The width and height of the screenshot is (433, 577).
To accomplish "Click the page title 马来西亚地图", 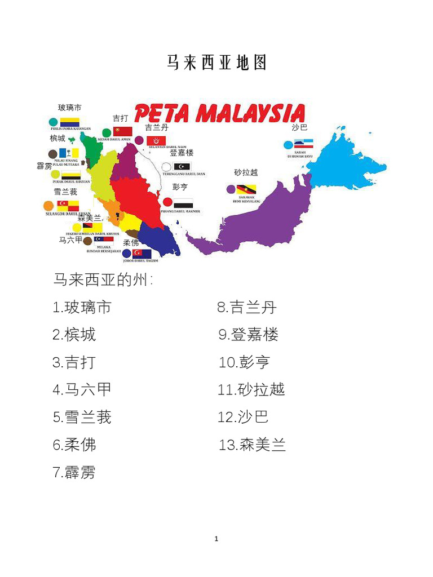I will tap(216, 63).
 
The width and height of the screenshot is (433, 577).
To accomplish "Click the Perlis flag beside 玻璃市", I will tap(70, 122).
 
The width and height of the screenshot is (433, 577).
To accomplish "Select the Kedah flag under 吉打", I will tap(122, 132).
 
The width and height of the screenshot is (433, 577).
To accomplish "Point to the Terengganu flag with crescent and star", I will tap(182, 167).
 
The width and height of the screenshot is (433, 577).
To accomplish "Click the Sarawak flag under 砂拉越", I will tap(246, 189).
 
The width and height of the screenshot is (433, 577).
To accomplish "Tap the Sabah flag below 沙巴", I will tap(303, 144).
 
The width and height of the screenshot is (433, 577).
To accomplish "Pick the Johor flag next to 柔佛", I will tap(142, 254).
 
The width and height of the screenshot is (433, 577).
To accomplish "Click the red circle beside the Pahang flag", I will tap(167, 202).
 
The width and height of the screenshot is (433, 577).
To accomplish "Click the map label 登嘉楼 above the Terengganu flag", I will tap(182, 153).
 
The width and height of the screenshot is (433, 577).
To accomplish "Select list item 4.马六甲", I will tap(82, 389).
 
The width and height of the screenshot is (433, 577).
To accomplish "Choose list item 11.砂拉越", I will tap(251, 389).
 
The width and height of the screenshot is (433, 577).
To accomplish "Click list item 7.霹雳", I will tap(74, 472).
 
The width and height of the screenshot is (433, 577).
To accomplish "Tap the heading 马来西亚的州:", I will tap(103, 279).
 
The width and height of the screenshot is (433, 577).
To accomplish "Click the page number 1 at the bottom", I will tap(216, 539).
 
